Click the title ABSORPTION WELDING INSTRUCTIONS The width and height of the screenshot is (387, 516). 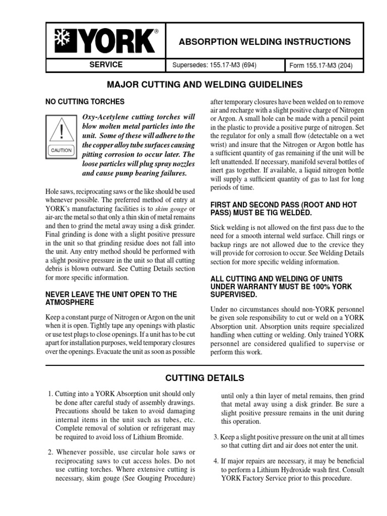(x=265, y=41)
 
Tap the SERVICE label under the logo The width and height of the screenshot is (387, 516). (x=106, y=65)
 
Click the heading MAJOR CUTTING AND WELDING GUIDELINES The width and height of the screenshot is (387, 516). (x=193, y=84)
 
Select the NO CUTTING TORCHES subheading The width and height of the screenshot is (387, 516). (x=85, y=102)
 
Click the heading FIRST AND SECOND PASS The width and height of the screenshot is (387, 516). (x=283, y=209)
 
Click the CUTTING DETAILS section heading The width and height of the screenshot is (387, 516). (x=205, y=378)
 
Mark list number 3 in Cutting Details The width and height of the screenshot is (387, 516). (x=216, y=437)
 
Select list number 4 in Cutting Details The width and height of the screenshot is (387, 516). (x=216, y=461)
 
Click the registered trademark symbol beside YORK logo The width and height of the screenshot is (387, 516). (x=156, y=32)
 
